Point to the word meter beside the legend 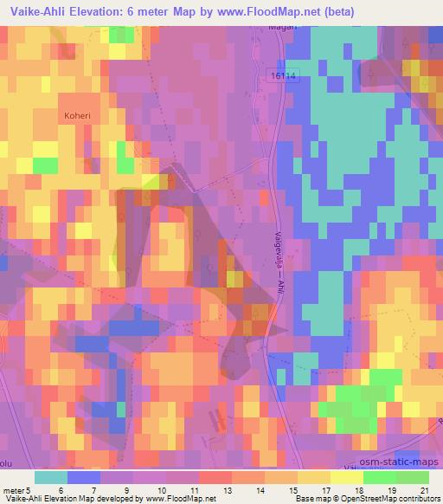pyautogui.click(x=13, y=489)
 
